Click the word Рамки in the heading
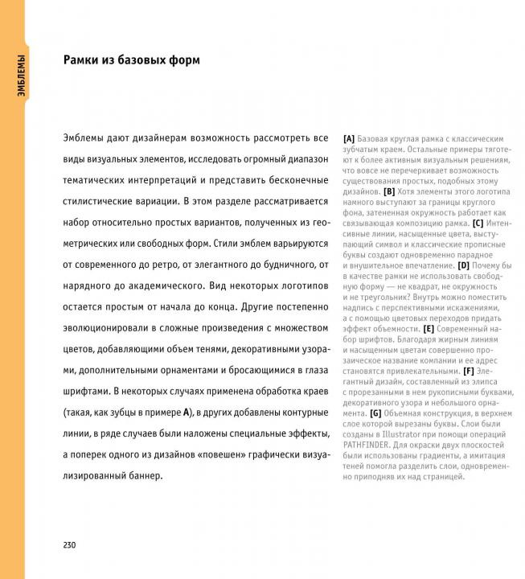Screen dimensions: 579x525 [x=84, y=60]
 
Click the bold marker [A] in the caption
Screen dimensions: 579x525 [x=349, y=138]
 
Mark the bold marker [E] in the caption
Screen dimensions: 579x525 [x=429, y=328]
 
